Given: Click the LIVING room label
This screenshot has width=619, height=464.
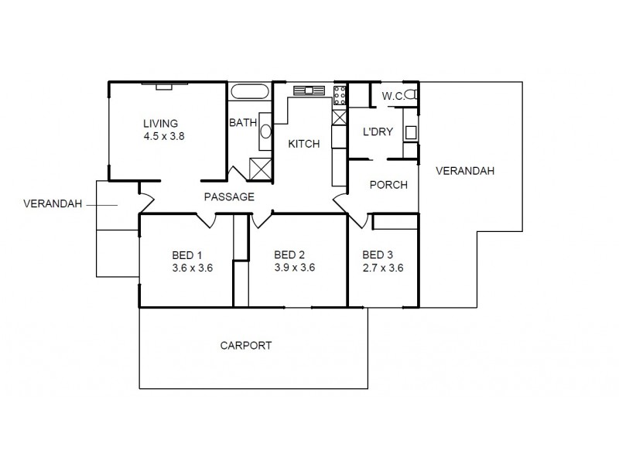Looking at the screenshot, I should coord(160,123).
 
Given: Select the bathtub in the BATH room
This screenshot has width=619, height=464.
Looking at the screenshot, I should coord(250,92).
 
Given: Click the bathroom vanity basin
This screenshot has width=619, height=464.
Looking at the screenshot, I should coord(265,130).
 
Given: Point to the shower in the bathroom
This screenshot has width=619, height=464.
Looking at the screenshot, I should coord(261,168).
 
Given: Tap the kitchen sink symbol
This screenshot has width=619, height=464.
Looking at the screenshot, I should coord(308,90).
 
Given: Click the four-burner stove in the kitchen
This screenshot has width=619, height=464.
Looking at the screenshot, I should coord(339,96).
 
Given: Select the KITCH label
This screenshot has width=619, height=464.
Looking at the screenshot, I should coord(303,144).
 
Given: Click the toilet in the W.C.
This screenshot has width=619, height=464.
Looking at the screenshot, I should coord(413,96).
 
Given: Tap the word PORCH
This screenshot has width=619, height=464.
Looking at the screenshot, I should coord(388,185).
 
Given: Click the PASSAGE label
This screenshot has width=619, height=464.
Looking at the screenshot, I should coord(229,197).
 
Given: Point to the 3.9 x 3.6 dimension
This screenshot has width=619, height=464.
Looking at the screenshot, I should coord(294,268).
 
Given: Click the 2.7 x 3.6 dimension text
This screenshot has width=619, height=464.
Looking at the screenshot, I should coord(382,268).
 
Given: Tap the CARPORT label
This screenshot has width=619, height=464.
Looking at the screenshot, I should coord(246,346).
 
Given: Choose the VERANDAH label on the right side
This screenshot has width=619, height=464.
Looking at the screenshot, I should coord(464,170).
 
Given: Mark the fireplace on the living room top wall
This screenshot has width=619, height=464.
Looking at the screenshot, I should coord(162,86).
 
